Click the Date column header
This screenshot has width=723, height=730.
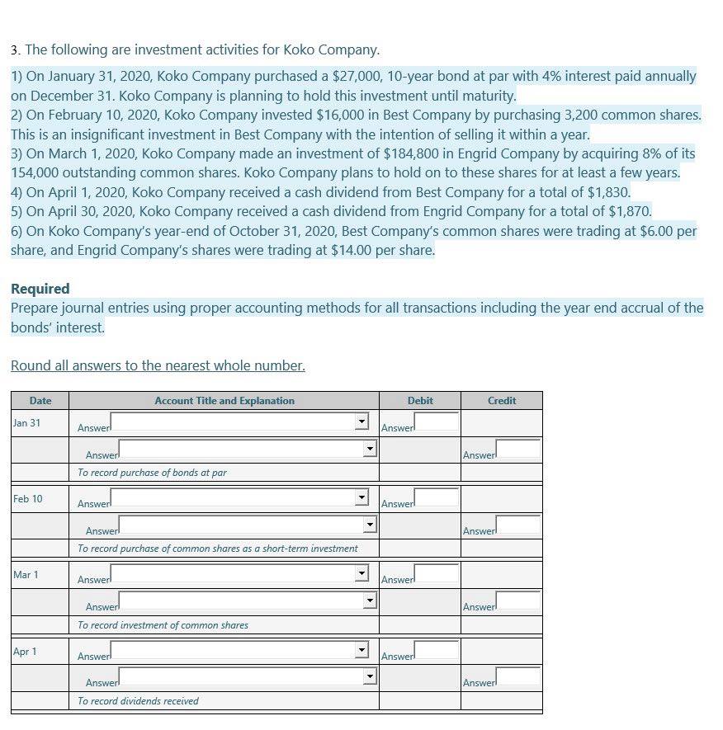coord(40,401)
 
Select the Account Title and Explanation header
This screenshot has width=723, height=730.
coord(224,401)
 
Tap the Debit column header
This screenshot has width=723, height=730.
coord(420,401)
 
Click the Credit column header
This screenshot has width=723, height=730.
coord(501,401)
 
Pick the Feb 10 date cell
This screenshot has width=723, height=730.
coord(27,499)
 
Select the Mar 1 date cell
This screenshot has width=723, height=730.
coord(26,575)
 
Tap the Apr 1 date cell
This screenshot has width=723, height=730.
coord(25,652)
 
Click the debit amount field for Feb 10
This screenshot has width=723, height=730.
coord(436,498)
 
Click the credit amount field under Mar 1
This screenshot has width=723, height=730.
coord(517,601)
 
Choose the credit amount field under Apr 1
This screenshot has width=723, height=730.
coord(517,677)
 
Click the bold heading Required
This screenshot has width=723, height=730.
coord(40,289)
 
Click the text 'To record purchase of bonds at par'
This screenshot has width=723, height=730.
coord(152,473)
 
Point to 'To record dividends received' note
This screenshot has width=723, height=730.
coord(138,701)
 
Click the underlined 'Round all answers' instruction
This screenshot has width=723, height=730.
coord(158,365)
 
